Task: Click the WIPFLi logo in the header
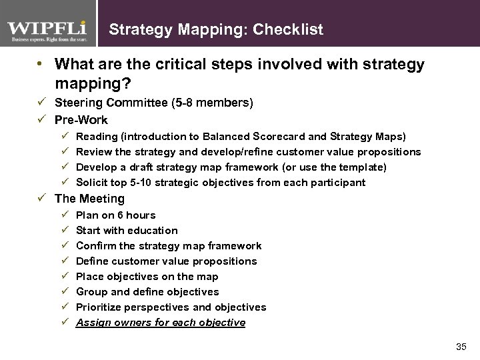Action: pyautogui.click(x=48, y=31)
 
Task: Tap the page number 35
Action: pyautogui.click(x=461, y=347)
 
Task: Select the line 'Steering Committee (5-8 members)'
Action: pyautogui.click(x=154, y=103)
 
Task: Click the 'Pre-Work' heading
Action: pyautogui.click(x=81, y=120)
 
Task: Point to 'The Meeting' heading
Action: pyautogui.click(x=89, y=199)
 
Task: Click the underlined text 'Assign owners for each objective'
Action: pyautogui.click(x=161, y=323)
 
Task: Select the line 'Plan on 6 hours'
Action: pyautogui.click(x=116, y=215)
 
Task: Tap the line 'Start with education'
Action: pyautogui.click(x=127, y=231)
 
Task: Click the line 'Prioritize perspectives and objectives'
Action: pyautogui.click(x=171, y=307)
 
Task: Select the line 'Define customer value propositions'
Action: pyautogui.click(x=167, y=261)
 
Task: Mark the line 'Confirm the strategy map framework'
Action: pyautogui.click(x=169, y=246)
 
